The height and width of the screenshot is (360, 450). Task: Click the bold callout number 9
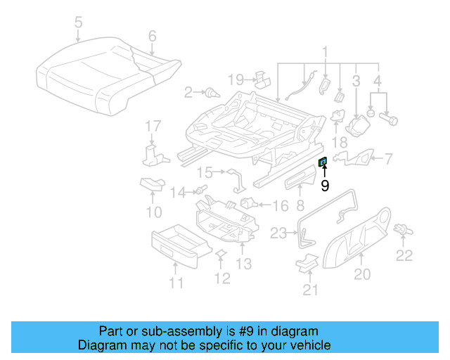click(324, 186)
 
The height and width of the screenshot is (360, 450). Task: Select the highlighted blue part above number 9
click(323, 162)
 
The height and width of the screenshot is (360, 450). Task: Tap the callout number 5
click(77, 22)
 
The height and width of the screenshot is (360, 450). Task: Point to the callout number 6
click(152, 36)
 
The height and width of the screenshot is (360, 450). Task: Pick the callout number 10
click(153, 211)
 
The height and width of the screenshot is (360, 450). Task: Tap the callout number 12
click(221, 278)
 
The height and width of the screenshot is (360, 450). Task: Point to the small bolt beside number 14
click(200, 190)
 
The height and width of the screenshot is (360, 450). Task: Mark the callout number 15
click(204, 172)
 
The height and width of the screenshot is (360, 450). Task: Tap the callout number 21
click(310, 288)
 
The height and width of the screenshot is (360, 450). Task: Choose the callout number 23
click(279, 233)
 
